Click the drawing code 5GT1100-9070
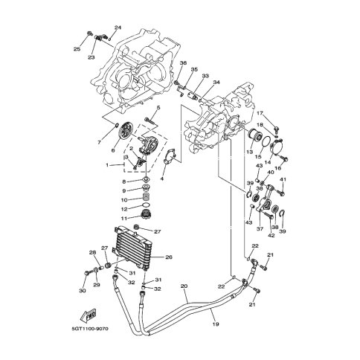tap(90, 330)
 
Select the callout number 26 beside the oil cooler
tap(169, 257)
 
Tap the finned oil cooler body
tap(132, 248)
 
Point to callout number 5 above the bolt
tap(158, 108)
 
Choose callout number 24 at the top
tap(118, 28)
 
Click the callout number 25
tap(77, 49)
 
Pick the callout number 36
tap(183, 63)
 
